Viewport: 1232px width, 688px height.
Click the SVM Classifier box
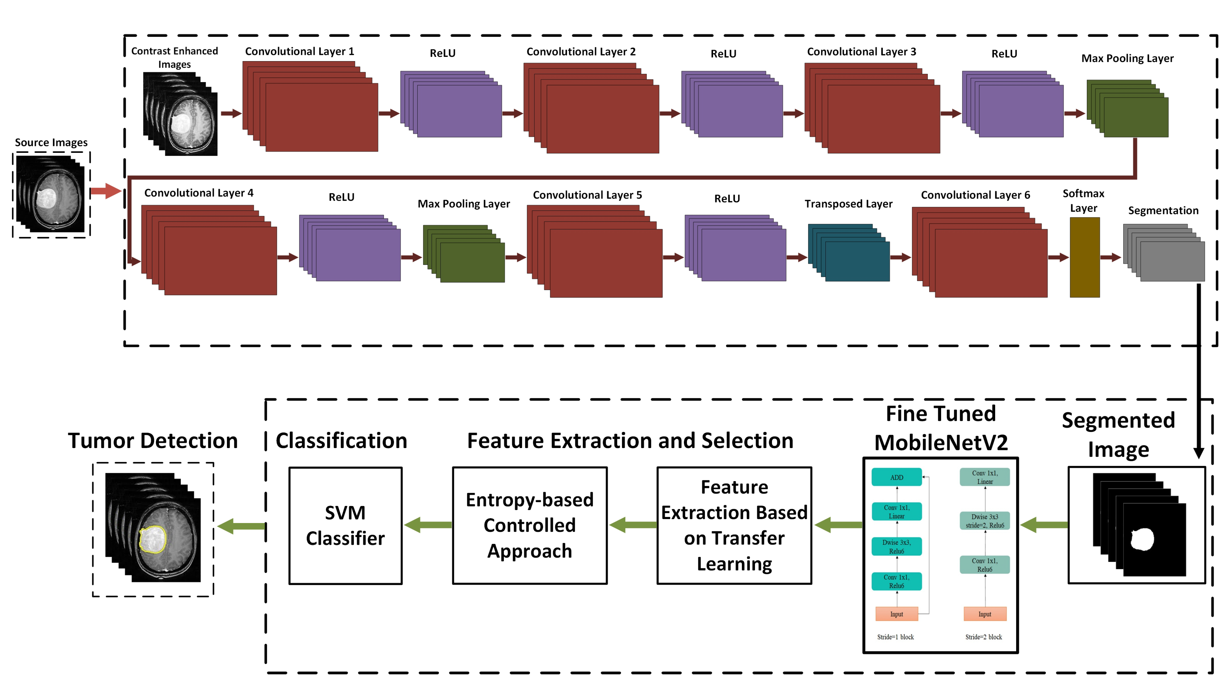click(345, 525)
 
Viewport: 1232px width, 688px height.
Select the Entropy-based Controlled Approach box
click(529, 525)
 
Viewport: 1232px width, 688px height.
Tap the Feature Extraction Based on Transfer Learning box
click(734, 525)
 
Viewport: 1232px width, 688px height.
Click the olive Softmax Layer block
click(1084, 258)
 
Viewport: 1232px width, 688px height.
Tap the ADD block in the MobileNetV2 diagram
click(896, 477)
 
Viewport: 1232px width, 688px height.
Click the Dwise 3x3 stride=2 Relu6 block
click(985, 520)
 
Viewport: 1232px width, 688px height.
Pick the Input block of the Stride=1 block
click(896, 614)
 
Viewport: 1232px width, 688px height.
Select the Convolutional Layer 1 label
click(299, 51)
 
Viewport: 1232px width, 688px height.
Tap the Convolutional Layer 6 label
click(975, 195)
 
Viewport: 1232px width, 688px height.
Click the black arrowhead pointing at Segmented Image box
click(1199, 452)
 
